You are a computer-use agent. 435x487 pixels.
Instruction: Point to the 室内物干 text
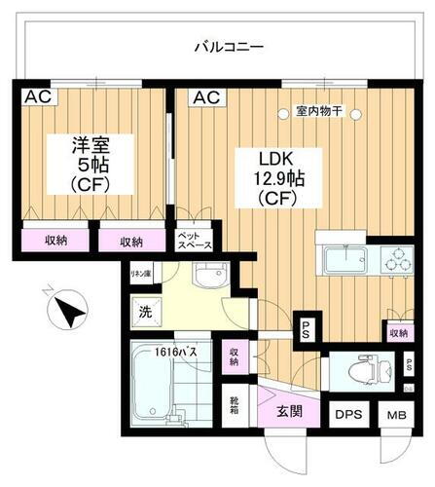click(x=318, y=112)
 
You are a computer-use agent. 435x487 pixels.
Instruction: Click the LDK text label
click(x=274, y=159)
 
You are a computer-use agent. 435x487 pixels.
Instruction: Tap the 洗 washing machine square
click(x=143, y=315)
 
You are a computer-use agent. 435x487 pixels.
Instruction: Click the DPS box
click(x=349, y=414)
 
